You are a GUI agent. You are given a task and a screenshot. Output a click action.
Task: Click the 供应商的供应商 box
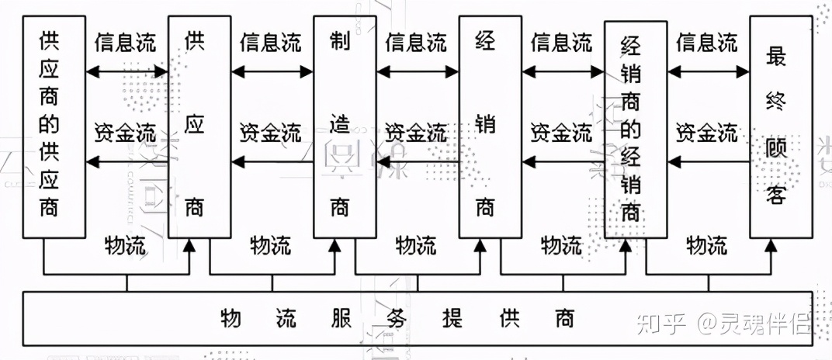click(x=54, y=126)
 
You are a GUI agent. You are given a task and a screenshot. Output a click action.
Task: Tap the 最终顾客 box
click(x=779, y=126)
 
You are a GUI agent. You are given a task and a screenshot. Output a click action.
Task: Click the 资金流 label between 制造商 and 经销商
click(x=416, y=132)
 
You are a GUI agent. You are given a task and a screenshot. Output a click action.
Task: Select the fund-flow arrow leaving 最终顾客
click(x=708, y=161)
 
